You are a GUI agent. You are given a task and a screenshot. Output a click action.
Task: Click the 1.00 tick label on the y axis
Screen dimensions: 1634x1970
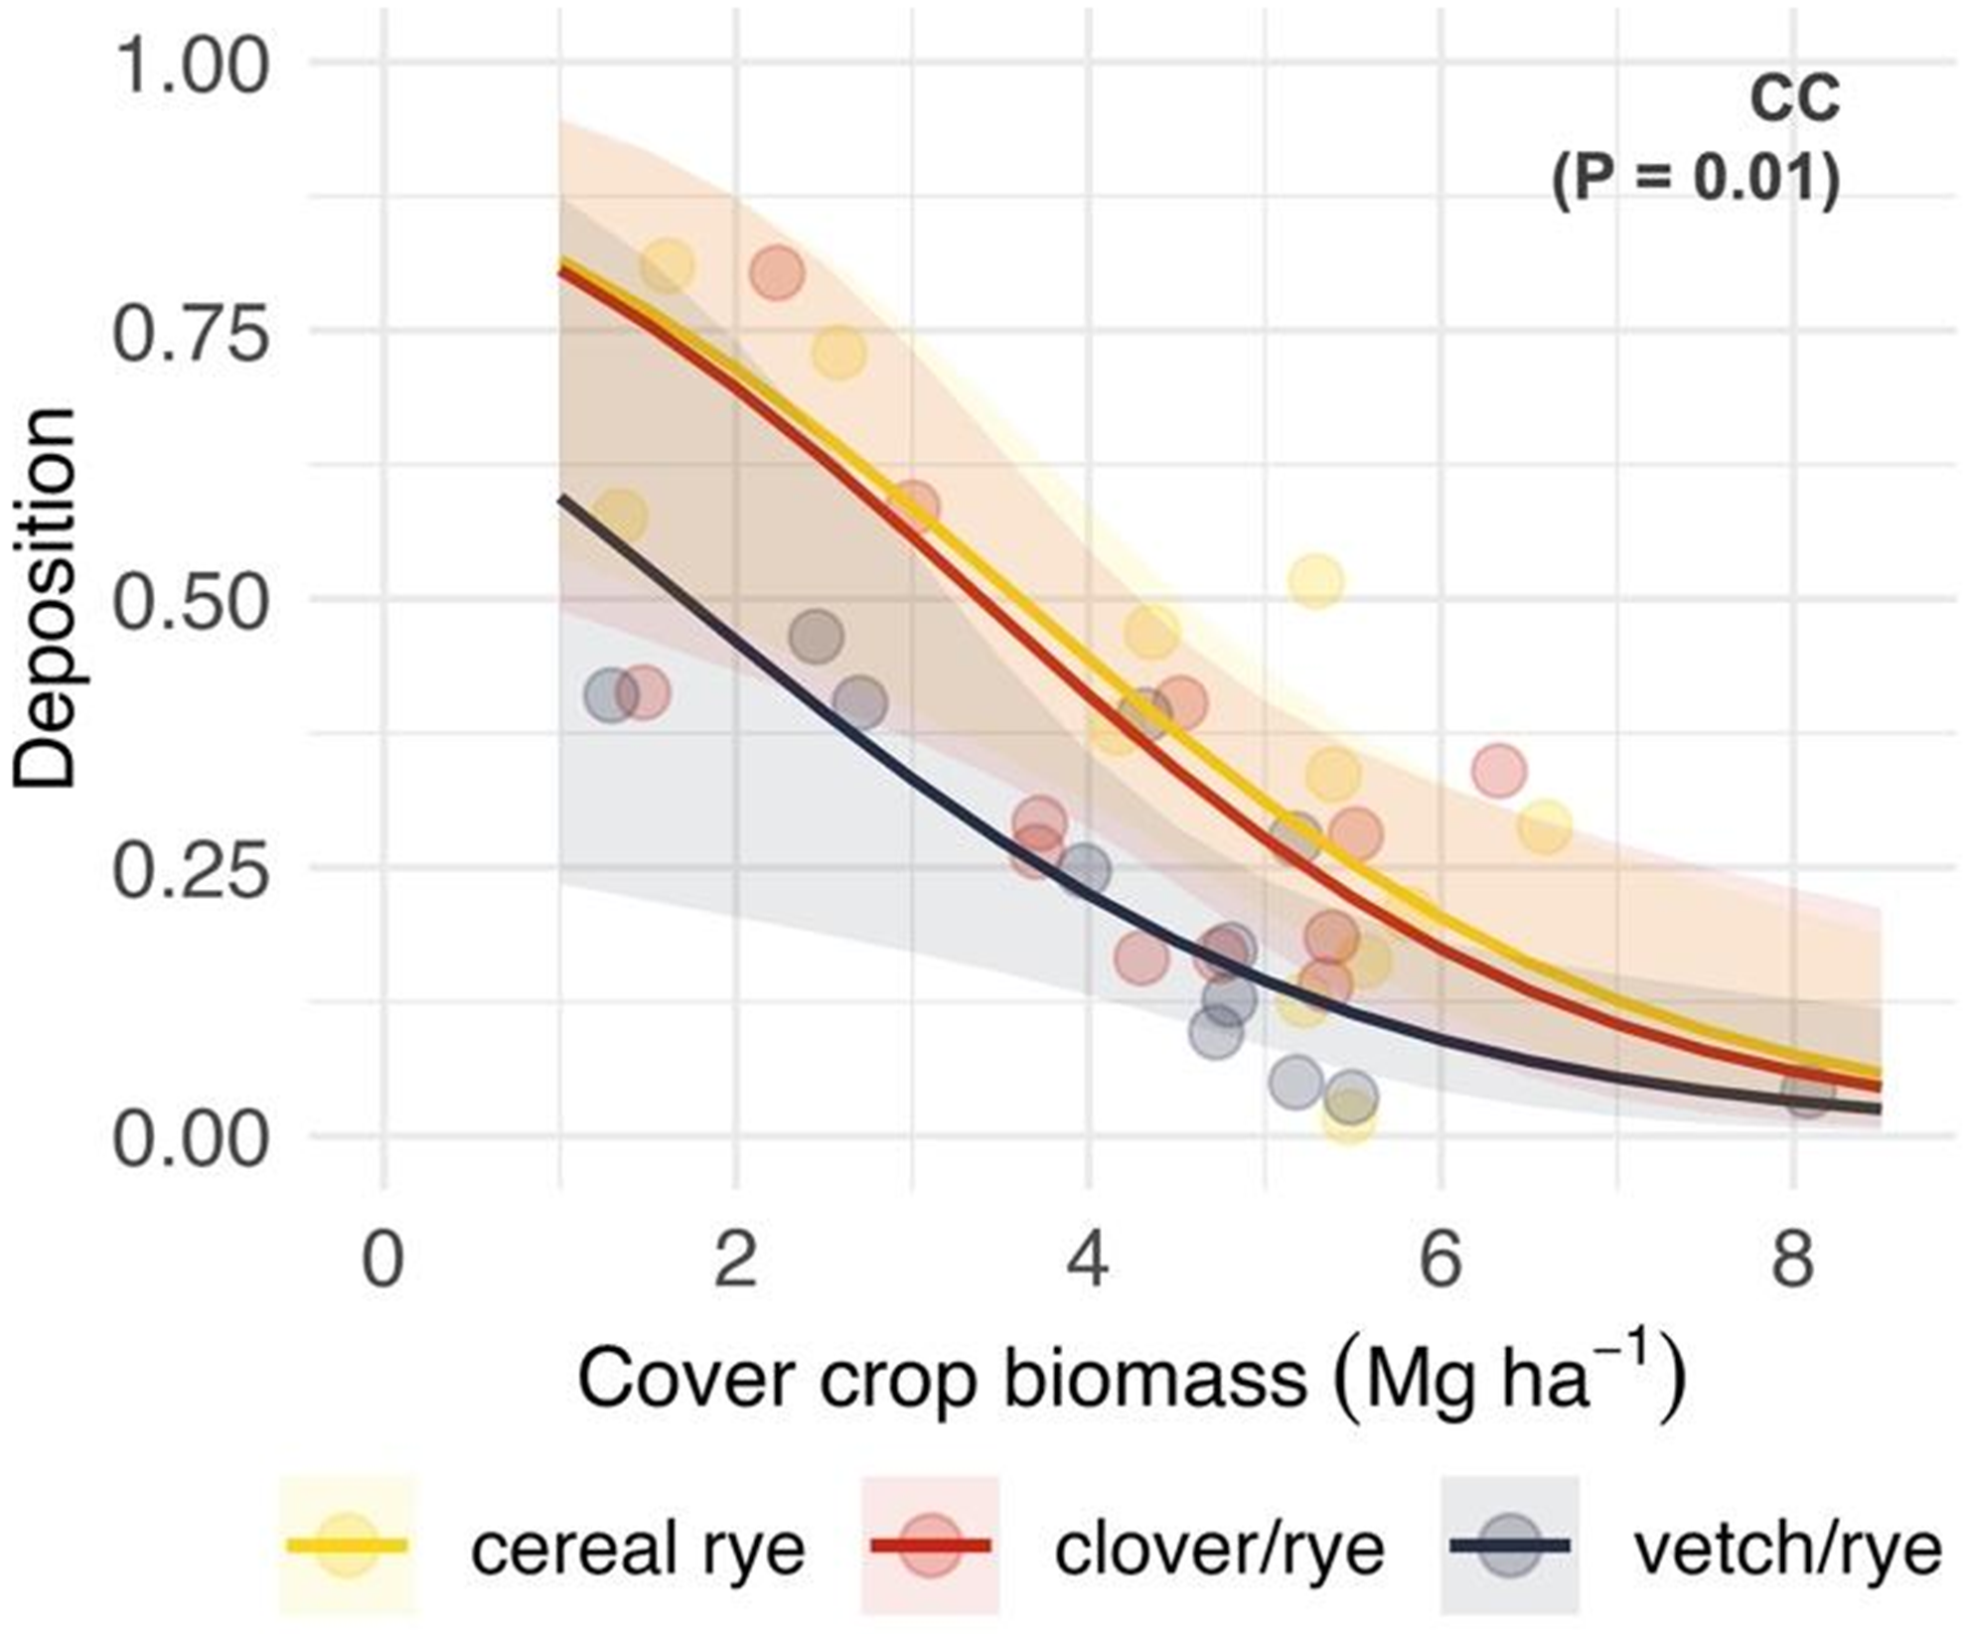click(x=191, y=69)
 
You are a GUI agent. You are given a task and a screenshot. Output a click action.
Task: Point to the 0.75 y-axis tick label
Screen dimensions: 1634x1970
click(x=191, y=336)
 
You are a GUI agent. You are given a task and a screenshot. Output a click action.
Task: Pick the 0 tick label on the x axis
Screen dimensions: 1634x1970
click(x=383, y=1260)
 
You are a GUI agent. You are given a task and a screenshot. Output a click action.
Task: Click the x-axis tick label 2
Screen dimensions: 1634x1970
click(x=736, y=1260)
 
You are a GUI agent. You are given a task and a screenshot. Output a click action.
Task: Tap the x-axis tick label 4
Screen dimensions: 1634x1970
click(x=1089, y=1260)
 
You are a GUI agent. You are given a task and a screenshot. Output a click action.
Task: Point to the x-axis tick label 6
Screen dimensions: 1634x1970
click(x=1440, y=1260)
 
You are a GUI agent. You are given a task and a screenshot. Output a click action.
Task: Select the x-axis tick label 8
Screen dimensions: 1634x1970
click(x=1793, y=1260)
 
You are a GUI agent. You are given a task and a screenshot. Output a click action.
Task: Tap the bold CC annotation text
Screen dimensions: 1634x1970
click(x=1794, y=100)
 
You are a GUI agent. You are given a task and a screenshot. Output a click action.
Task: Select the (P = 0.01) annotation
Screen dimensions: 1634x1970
click(x=1696, y=180)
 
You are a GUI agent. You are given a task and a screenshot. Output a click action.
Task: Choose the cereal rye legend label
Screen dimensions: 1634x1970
click(x=638, y=1549)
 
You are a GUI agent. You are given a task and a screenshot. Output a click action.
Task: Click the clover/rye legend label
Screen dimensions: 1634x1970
click(x=1220, y=1549)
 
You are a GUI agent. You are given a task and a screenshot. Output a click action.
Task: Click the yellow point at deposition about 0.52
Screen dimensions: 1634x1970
click(x=1316, y=581)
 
